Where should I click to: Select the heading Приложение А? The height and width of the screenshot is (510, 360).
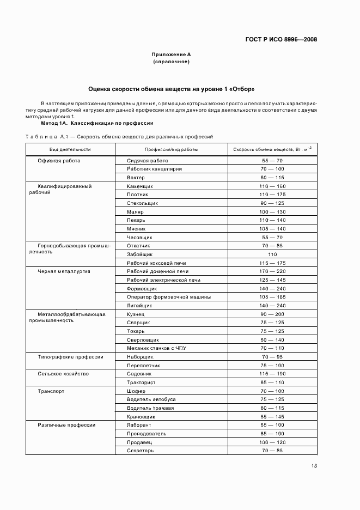click(171, 54)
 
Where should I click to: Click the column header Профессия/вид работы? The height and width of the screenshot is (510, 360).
click(171, 149)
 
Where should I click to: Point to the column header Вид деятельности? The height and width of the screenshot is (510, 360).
click(70, 149)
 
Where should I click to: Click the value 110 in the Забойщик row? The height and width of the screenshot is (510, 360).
click(272, 254)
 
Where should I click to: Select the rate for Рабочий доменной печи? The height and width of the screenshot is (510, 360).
click(272, 271)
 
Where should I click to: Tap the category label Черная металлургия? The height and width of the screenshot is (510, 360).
click(64, 271)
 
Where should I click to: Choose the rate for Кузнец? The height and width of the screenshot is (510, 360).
click(272, 314)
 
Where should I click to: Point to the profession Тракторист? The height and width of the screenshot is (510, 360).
click(143, 382)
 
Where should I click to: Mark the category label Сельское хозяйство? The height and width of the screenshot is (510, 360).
click(63, 374)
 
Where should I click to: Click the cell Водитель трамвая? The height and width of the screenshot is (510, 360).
click(150, 408)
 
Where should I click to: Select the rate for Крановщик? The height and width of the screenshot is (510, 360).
click(272, 416)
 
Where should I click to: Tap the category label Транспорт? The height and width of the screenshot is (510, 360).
click(51, 391)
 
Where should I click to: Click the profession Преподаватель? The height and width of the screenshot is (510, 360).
click(147, 434)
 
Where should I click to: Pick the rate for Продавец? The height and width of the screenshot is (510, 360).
click(272, 442)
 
